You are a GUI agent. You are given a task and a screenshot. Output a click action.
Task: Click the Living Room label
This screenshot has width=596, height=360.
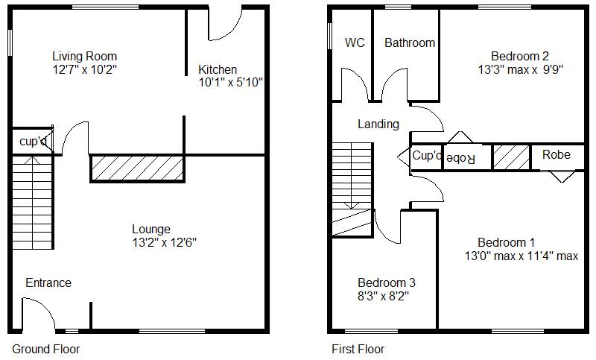tap(84, 56)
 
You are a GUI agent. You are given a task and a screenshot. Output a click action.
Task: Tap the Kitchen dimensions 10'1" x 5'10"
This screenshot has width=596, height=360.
tap(230, 82)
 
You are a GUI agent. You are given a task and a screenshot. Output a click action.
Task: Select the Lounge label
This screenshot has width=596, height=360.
tap(151, 229)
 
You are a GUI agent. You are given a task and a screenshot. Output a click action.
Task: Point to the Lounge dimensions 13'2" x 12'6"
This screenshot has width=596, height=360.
tap(164, 242)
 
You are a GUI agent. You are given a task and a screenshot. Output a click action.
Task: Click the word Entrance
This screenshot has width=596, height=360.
tap(48, 282)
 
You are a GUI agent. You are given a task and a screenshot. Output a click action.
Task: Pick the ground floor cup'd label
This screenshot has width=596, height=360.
tap(33, 141)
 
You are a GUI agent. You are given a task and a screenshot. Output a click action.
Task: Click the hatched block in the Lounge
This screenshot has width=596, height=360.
tap(137, 168)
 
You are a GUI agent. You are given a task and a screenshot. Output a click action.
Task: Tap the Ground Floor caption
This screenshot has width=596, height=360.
tap(45, 349)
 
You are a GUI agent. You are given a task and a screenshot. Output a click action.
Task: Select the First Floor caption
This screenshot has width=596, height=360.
tap(358, 349)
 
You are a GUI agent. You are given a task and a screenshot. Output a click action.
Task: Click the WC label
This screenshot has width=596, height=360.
tap(355, 42)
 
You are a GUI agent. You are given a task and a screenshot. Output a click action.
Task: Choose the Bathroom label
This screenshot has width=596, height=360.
tap(409, 42)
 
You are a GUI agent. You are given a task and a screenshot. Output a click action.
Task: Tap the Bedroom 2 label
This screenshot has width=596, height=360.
tap(520, 56)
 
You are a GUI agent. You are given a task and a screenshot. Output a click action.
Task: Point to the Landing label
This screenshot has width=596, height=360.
tap(378, 124)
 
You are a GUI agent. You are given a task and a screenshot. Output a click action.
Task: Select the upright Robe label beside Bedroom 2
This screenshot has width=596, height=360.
tap(556, 155)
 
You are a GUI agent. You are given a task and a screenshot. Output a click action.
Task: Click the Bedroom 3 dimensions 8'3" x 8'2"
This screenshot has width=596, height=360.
tap(383, 296)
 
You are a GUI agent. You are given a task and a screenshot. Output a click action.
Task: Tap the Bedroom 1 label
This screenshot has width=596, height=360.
tap(506, 242)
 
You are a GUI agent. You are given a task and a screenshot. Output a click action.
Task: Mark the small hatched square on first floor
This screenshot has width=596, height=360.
tap(511, 157)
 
